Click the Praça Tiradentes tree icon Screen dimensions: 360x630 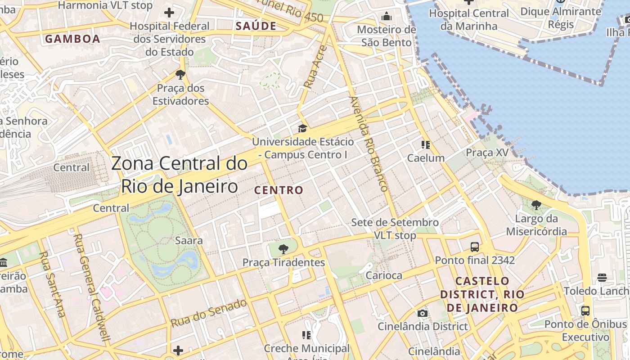click(x=283, y=249)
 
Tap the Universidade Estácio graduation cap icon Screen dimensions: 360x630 click(x=302, y=129)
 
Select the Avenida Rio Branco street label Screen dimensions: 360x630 click(x=369, y=144)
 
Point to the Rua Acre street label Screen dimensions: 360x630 click(x=314, y=66)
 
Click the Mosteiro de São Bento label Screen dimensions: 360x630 click(x=387, y=36)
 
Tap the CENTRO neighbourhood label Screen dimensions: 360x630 click(x=279, y=190)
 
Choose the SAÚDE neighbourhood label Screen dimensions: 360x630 click(x=256, y=26)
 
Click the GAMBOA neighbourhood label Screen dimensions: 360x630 click(x=72, y=39)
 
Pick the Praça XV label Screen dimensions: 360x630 click(x=487, y=153)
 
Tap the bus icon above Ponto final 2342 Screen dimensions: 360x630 click(x=475, y=247)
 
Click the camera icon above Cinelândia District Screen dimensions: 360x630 click(x=422, y=313)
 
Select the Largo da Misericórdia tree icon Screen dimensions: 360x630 click(x=536, y=206)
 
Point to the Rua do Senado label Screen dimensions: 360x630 click(x=209, y=312)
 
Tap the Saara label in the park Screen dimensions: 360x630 click(x=189, y=240)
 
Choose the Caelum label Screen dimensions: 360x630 click(x=426, y=158)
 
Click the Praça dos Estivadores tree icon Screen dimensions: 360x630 click(x=180, y=75)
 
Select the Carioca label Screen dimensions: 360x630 click(x=384, y=275)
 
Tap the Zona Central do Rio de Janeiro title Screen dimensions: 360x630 click(x=179, y=175)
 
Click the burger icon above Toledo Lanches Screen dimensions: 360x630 click(x=602, y=278)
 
